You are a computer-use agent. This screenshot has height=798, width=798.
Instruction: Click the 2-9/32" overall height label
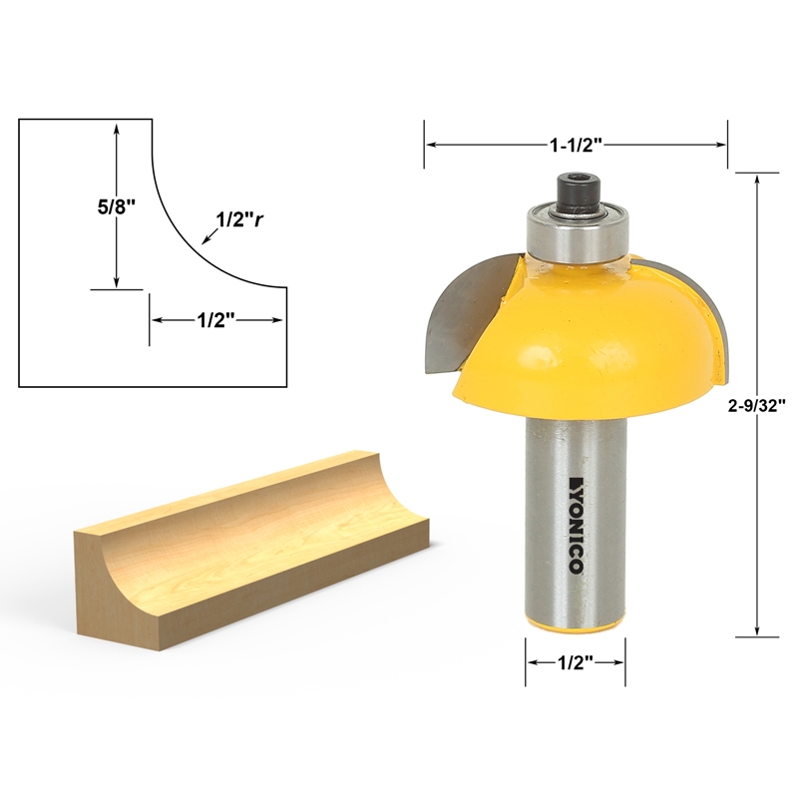pyautogui.click(x=760, y=405)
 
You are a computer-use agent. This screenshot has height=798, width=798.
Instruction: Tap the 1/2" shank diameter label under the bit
pyautogui.click(x=576, y=662)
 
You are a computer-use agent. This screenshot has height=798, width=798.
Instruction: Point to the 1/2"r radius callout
pyautogui.click(x=239, y=220)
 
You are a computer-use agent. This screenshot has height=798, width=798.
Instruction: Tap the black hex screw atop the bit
pyautogui.click(x=577, y=193)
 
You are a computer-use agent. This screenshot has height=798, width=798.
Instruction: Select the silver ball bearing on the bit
pyautogui.click(x=577, y=234)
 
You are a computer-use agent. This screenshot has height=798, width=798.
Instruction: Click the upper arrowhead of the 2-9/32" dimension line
pyautogui.click(x=760, y=180)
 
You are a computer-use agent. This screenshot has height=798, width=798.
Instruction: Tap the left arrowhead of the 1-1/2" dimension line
pyautogui.click(x=432, y=145)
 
